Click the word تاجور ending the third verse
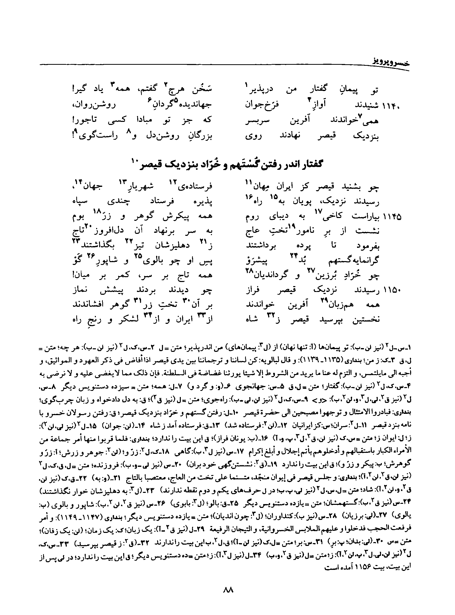pyautogui.click(x=86, y=120)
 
